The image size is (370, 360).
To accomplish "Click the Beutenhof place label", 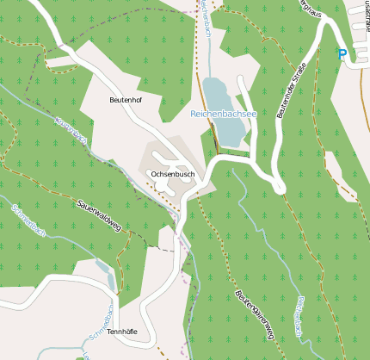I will point(126,100).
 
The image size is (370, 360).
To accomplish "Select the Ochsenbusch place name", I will point(172,174).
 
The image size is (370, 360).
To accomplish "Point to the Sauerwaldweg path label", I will point(99,215).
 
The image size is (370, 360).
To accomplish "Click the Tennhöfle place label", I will point(122,331).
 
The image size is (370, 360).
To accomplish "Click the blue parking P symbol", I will point(342,54).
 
